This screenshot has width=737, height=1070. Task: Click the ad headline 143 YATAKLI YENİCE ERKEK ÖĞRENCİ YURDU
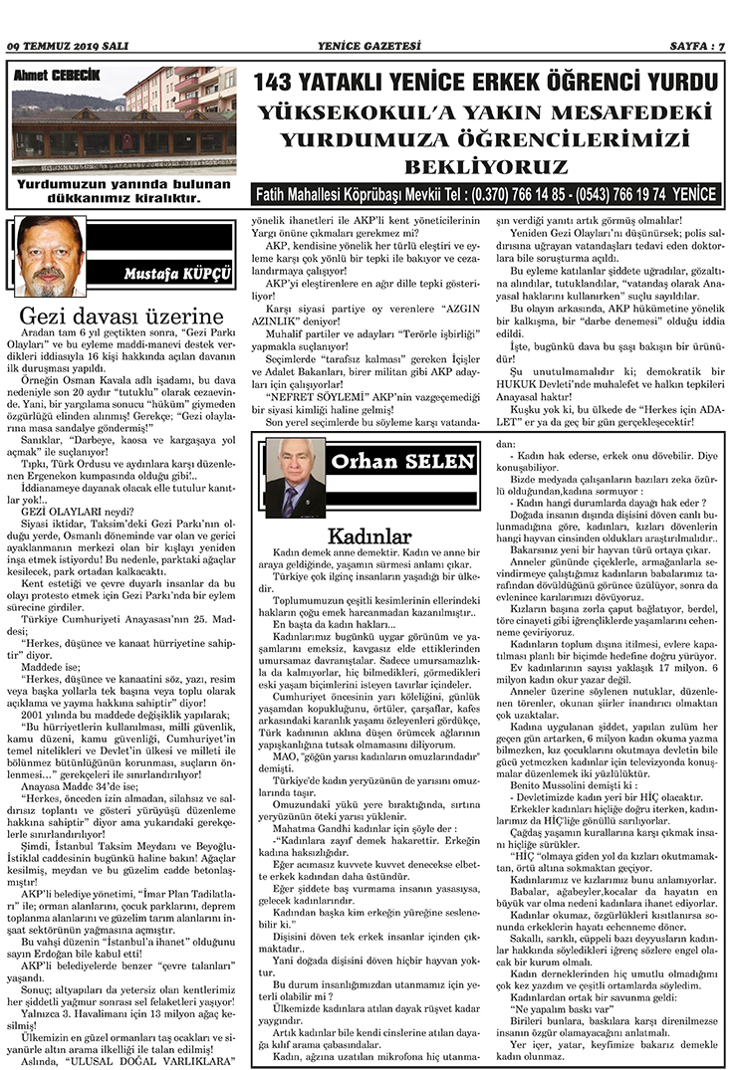(484, 83)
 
